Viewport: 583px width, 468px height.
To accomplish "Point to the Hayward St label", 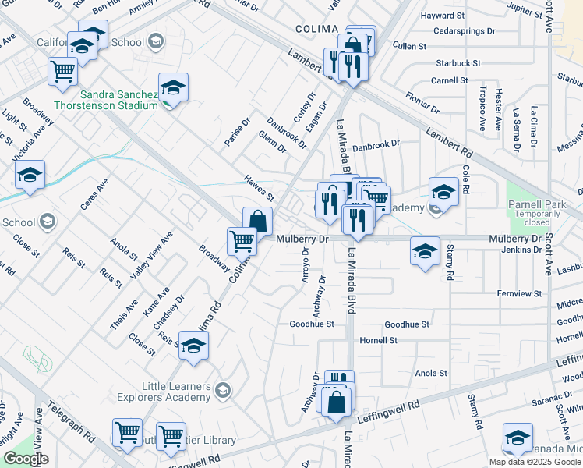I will (464, 15).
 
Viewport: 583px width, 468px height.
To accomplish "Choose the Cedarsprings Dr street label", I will (464, 31).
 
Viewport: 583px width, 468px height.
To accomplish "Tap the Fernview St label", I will (518, 293).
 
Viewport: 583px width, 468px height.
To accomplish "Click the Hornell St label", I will (378, 341).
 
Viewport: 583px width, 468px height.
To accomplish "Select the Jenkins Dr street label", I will (521, 250).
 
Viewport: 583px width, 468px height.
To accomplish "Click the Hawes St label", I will (259, 187).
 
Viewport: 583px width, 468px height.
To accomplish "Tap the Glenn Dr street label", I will (272, 143).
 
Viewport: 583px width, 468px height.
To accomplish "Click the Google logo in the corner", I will (26, 459).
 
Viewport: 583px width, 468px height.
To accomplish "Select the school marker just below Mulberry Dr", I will (425, 251).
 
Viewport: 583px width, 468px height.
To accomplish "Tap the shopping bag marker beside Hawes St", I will (258, 221).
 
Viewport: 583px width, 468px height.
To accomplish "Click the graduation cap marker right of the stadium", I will (174, 87).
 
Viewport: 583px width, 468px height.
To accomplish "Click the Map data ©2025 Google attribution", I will (533, 461).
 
